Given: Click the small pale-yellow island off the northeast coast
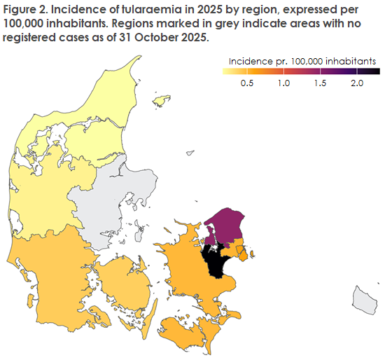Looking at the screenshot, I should (162, 101).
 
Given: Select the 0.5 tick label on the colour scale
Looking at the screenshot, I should (246, 83).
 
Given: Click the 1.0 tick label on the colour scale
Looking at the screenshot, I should (283, 83).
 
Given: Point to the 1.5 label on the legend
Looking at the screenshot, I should (320, 83).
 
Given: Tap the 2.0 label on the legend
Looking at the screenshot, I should (356, 83).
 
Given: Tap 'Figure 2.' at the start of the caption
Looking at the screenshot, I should (27, 9).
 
